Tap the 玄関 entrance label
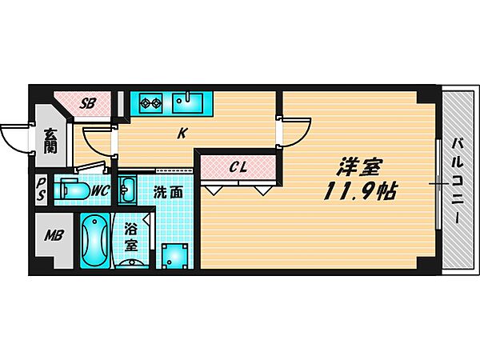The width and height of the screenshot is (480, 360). pos(50,142)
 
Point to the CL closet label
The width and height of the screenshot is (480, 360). pos(238,167)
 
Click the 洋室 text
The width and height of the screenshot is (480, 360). pos(359,168)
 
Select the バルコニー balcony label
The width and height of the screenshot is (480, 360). pos(457,181)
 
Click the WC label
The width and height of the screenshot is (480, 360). pos(99,190)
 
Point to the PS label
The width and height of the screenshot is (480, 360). pos(41,191)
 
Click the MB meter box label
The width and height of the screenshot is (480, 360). pos(54,236)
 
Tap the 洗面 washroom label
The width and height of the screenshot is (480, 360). pos(168,192)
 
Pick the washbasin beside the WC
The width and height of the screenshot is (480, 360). pos(127,190)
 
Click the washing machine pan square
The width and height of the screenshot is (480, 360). pos(175,255)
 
